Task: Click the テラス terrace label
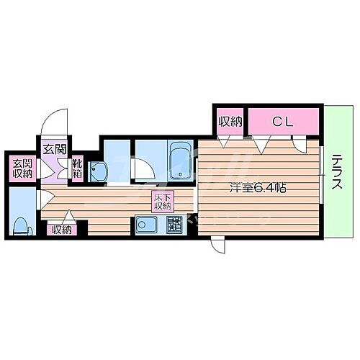(x=336, y=174)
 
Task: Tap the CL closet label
(x=283, y=122)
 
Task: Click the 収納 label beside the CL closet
(x=230, y=122)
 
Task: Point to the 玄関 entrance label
(x=53, y=150)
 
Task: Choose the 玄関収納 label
(x=22, y=168)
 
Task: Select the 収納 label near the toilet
(x=62, y=230)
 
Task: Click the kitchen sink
(x=145, y=225)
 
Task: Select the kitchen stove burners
(x=174, y=224)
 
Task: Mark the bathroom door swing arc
(x=144, y=168)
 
